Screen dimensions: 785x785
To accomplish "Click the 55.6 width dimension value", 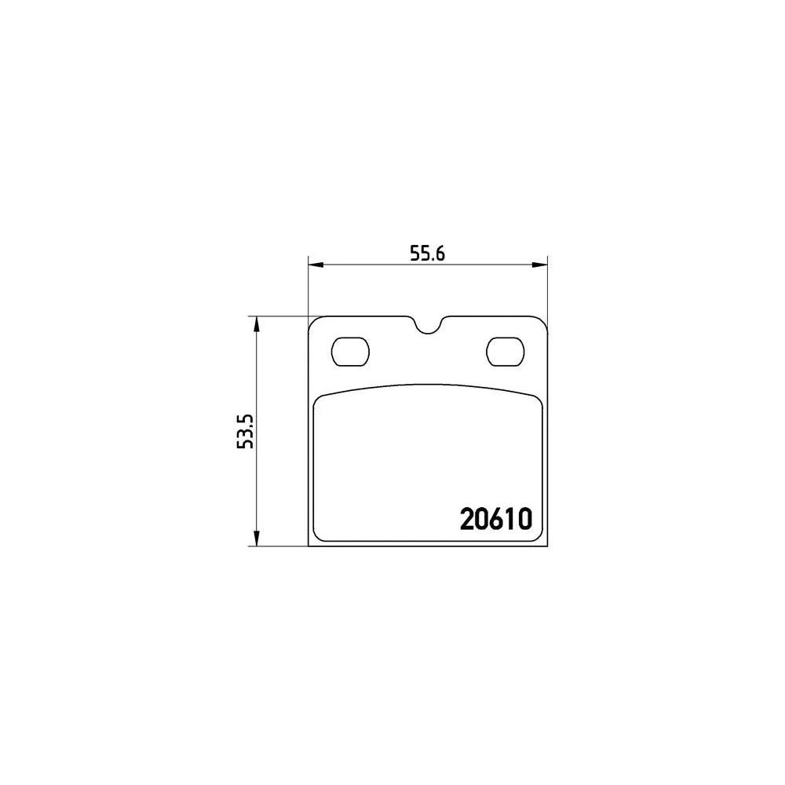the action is coord(428,254).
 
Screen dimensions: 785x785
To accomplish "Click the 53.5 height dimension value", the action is coord(246,431).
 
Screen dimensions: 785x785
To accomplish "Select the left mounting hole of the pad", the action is coord(350,352).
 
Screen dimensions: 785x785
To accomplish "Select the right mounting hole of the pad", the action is coord(505,352).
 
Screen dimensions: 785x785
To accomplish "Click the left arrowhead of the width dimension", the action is coord(316,265).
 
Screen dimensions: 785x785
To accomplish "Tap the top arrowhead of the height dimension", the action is coord(257,324).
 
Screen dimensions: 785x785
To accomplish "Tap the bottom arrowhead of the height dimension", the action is coord(257,539).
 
